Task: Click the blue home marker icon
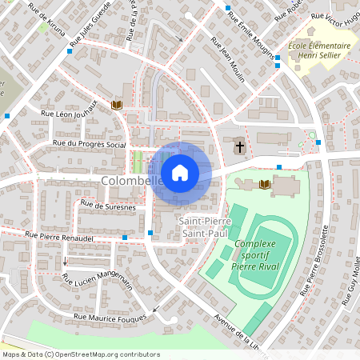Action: (180, 172)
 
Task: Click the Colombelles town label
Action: (131, 182)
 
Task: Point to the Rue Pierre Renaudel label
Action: (60, 236)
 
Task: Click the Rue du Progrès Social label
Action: (89, 144)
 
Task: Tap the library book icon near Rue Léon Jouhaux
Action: (117, 105)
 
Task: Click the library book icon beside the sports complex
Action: (266, 185)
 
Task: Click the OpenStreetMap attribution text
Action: (81, 354)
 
